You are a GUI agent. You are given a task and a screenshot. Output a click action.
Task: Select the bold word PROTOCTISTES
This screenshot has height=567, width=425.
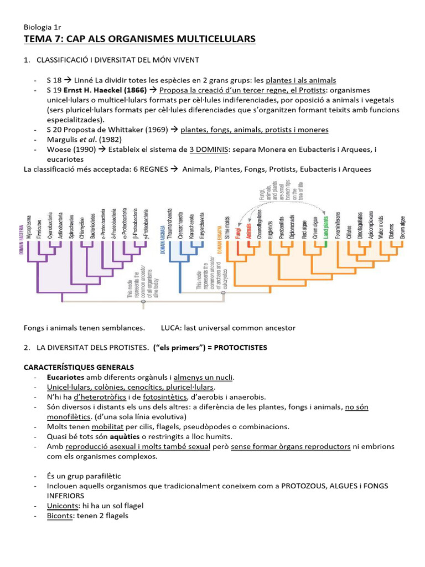coord(240,348)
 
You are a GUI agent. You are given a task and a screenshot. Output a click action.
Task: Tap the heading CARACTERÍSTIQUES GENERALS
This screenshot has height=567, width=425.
coord(78,368)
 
